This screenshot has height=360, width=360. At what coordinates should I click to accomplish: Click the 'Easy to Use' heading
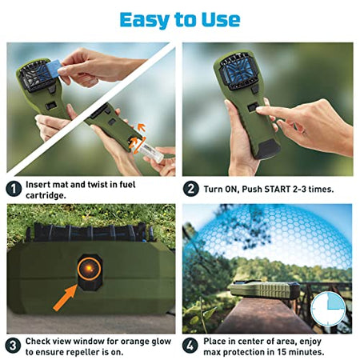(x=180, y=20)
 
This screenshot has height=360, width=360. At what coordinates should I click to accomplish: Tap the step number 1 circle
(x=14, y=189)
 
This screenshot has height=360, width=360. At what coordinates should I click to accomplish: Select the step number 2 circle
(x=191, y=189)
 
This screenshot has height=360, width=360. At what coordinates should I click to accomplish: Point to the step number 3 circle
(x=13, y=346)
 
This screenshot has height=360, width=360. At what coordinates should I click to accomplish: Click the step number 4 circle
(x=190, y=346)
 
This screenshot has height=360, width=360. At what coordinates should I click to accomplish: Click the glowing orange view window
(x=90, y=268)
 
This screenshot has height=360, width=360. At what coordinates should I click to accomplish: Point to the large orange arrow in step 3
(x=65, y=298)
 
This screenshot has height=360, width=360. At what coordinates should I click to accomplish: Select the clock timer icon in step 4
(x=328, y=309)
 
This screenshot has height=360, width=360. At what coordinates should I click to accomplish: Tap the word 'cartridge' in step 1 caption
(x=46, y=196)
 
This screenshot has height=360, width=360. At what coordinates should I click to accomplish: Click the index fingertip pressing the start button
(x=259, y=110)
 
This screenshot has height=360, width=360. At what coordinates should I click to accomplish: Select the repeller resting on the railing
(x=265, y=290)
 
